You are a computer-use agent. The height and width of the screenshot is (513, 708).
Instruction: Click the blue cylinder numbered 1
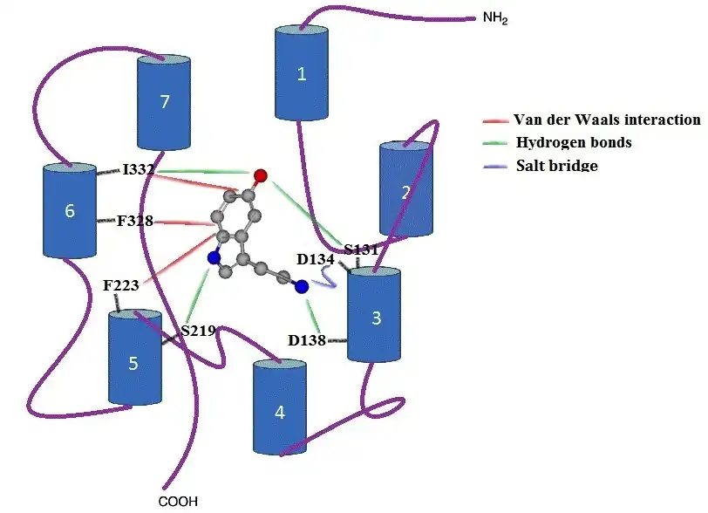(x=302, y=73)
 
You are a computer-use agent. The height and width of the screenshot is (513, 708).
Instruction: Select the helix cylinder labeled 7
(x=163, y=103)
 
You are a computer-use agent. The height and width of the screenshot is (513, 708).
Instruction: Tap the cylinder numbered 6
(x=70, y=210)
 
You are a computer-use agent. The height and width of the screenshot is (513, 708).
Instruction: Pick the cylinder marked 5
(x=135, y=358)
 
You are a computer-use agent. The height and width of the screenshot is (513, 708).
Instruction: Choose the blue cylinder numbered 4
(x=280, y=407)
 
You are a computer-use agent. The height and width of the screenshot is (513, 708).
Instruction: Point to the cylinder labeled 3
(x=374, y=315)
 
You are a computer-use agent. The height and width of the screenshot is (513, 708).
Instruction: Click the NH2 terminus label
(x=495, y=18)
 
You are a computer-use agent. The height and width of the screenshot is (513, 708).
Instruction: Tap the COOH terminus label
(x=179, y=502)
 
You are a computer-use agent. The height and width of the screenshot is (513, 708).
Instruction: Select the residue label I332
(x=138, y=169)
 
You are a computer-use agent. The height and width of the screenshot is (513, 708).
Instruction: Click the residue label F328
(x=135, y=221)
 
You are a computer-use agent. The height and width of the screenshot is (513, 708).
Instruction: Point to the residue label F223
(x=121, y=285)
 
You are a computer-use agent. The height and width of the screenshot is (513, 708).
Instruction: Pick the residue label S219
(x=198, y=331)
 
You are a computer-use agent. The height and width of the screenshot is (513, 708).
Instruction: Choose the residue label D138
(x=307, y=340)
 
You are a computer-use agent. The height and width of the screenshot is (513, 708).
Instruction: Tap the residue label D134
(x=316, y=259)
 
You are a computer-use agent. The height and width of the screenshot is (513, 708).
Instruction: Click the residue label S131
(x=361, y=250)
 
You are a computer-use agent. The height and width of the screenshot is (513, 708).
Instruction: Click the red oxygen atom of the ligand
(x=261, y=175)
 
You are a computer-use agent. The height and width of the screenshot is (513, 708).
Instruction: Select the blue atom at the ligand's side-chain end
(x=302, y=286)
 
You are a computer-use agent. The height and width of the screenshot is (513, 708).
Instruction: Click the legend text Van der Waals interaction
(x=607, y=120)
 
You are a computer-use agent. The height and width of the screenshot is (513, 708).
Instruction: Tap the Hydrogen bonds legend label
(x=574, y=142)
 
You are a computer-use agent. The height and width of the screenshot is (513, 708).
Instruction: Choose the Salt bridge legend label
(x=557, y=165)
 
